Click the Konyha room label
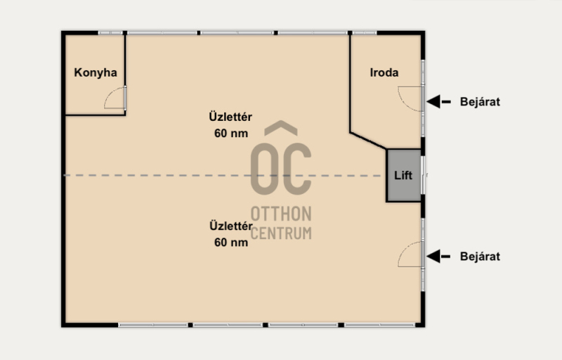96,73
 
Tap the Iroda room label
384,73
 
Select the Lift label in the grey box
403,175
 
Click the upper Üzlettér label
230,117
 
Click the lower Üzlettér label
231,226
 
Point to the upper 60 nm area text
231,134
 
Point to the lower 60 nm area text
231,243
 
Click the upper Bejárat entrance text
480,102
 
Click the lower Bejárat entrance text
480,257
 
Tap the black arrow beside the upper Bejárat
438,102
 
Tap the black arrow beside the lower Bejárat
438,257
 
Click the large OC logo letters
280,169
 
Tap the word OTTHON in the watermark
281,214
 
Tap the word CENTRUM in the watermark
281,233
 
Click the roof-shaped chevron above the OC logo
281,128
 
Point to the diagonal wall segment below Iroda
368,141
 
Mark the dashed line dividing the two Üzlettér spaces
222,176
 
